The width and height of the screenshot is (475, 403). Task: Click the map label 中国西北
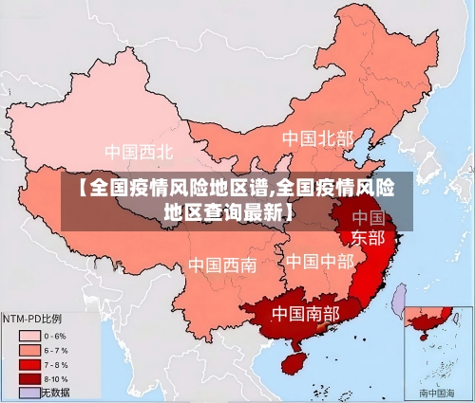click(x=139, y=152)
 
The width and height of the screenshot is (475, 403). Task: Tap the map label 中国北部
click(x=317, y=139)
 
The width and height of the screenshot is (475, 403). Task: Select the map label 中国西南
click(x=221, y=265)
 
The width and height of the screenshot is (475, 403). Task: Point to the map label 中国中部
click(x=319, y=261)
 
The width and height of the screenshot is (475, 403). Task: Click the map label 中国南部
click(x=305, y=313)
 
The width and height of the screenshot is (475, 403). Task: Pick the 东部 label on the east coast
click(x=369, y=237)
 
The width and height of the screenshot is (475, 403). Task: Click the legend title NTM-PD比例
click(x=31, y=318)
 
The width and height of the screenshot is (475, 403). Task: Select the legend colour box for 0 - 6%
click(x=28, y=336)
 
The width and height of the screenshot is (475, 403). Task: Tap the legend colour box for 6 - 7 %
click(x=28, y=350)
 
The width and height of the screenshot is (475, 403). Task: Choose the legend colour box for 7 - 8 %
click(x=28, y=364)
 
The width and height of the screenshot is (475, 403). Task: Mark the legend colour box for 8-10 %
click(x=28, y=378)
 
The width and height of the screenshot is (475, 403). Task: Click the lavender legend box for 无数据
click(x=28, y=393)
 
